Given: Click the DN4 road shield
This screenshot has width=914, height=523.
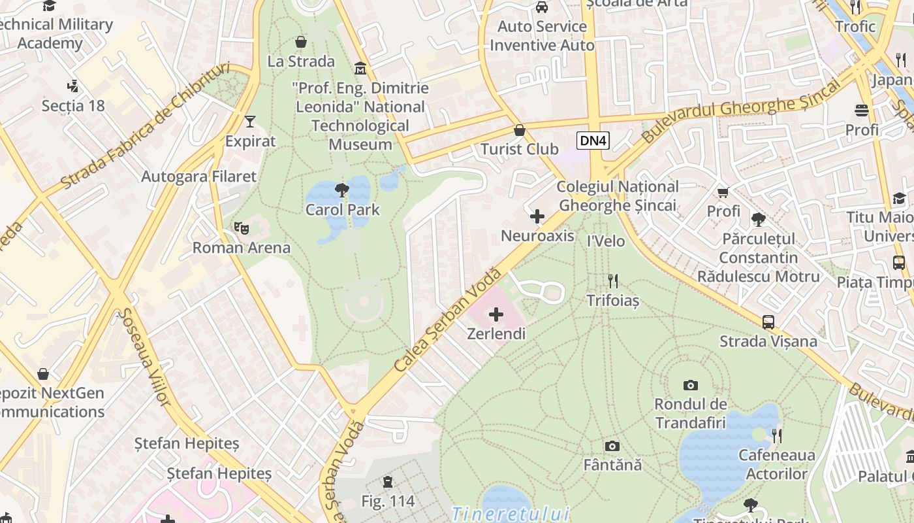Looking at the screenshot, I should tap(593, 140).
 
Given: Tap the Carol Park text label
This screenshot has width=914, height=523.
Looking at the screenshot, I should tap(343, 210).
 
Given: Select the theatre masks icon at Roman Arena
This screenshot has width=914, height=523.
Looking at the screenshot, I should tap(242, 228).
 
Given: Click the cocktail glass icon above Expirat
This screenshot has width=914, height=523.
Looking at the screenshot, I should tap(249, 121).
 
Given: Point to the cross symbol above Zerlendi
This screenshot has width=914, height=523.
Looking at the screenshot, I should tap(496, 314).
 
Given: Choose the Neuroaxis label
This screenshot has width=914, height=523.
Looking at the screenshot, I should tap(537, 235).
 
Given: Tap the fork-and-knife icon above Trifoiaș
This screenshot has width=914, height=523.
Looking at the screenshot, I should tap(612, 281).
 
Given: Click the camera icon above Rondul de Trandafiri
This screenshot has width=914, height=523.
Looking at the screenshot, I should tap(690, 385).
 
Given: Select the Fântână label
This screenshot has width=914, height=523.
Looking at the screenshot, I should tap(612, 465).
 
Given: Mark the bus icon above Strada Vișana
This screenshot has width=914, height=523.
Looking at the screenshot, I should tap(768, 322).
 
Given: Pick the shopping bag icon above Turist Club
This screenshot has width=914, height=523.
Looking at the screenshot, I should tap(520, 130).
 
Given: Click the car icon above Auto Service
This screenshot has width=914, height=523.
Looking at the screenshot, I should tap(541, 7).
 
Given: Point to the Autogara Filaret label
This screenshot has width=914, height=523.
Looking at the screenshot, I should tap(199, 177).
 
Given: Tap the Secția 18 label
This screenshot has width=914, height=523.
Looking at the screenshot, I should tap(73, 105).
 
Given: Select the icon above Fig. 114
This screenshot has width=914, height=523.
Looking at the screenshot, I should tap(388, 482).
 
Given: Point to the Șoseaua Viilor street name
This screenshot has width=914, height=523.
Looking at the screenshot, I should tap(143, 356).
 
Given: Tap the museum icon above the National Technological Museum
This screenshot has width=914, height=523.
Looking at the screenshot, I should tap(360, 69).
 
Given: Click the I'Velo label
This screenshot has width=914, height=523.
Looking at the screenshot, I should tap(606, 241).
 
